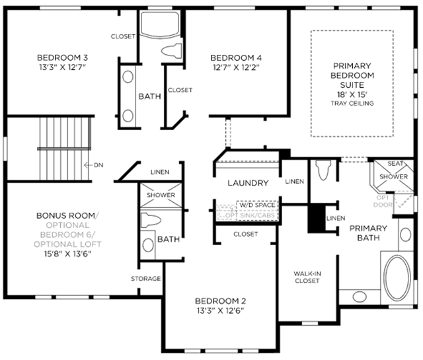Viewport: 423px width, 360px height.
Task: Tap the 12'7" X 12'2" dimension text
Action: point(236,67)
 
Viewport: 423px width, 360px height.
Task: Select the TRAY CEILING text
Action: point(352,103)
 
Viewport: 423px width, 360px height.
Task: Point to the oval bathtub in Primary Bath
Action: point(397,277)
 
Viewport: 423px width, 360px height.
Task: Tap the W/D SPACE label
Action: point(257,205)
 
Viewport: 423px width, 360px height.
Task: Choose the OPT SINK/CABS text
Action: point(250,215)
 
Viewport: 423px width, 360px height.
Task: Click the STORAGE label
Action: point(146,279)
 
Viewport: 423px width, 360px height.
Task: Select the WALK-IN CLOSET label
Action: point(307,277)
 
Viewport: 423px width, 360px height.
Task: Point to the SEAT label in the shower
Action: point(395,164)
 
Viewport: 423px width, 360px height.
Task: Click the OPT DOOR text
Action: point(383,201)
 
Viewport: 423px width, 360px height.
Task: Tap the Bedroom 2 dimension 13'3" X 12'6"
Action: point(220,311)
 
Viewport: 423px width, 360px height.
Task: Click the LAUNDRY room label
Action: point(249,183)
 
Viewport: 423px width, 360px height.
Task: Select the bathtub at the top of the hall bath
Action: point(160,25)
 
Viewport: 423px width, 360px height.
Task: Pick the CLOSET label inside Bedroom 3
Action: point(123,36)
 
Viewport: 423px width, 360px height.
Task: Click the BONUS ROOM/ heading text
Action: point(67,216)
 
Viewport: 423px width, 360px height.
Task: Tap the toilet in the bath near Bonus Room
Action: point(151,220)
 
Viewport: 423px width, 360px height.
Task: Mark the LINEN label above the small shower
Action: point(160,172)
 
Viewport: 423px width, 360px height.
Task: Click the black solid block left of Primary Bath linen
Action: point(317,218)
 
